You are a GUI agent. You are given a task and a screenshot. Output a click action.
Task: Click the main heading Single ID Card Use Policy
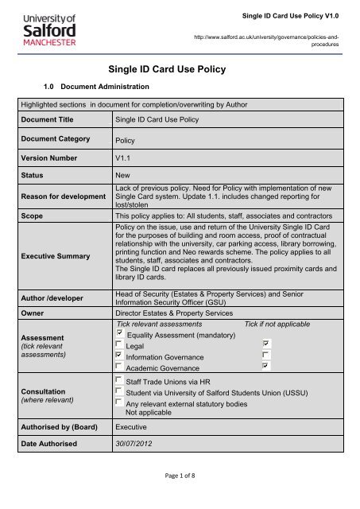click(180, 69)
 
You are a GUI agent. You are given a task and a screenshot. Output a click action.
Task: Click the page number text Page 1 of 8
click(180, 497)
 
